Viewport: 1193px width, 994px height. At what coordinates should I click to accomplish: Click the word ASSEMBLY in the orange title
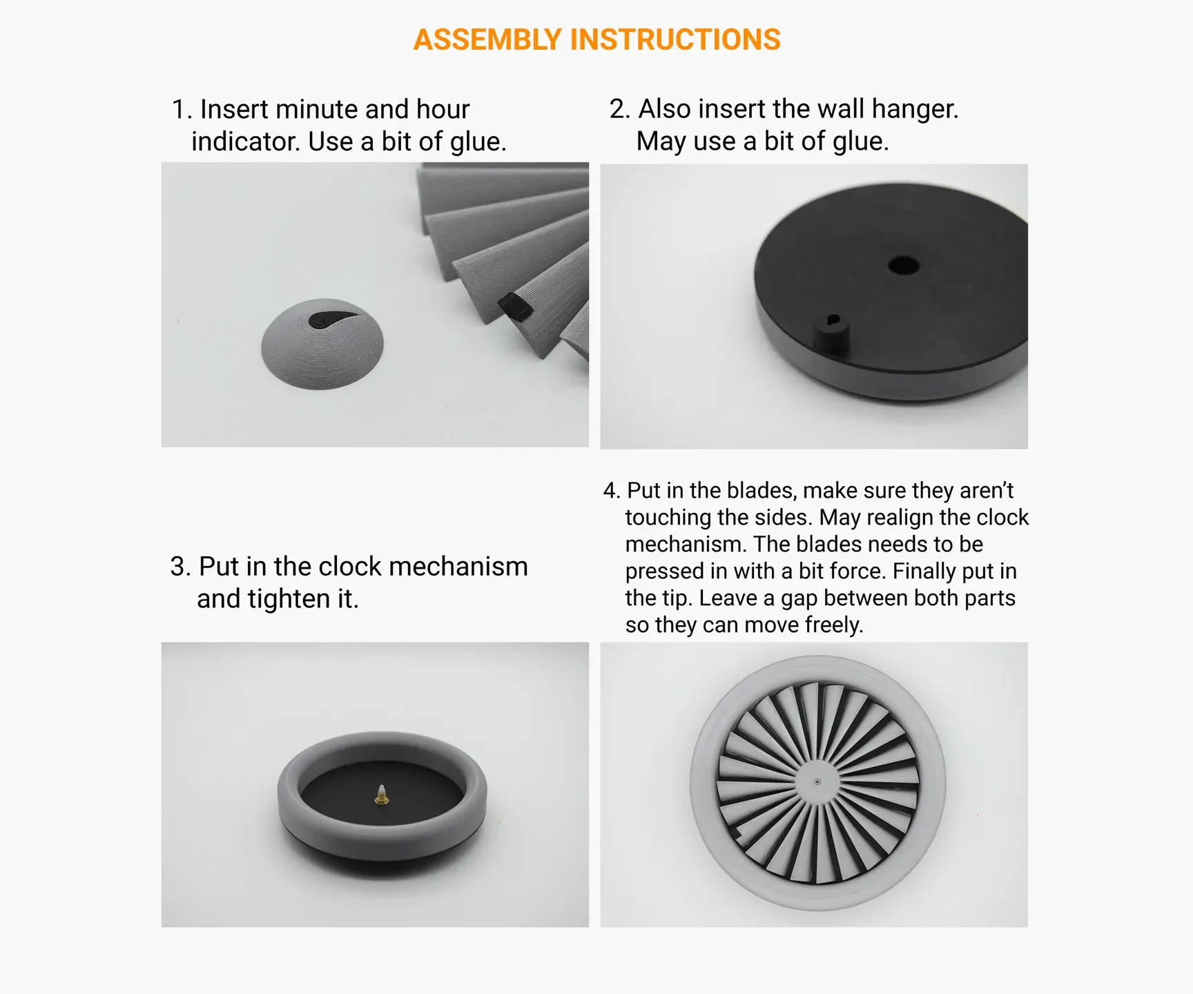click(487, 40)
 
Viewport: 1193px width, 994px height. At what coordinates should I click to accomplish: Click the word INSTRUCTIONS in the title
click(675, 40)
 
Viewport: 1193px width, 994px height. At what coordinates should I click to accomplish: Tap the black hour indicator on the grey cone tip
click(333, 318)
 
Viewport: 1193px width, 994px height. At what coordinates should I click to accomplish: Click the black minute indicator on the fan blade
click(515, 306)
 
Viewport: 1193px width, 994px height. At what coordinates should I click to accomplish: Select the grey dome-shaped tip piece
click(322, 344)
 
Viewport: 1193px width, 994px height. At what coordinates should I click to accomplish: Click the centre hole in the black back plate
click(903, 265)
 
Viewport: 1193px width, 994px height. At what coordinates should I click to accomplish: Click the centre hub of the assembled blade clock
click(817, 782)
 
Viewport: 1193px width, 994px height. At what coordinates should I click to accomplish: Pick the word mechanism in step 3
click(458, 567)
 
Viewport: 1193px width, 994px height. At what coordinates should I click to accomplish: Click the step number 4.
click(611, 491)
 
